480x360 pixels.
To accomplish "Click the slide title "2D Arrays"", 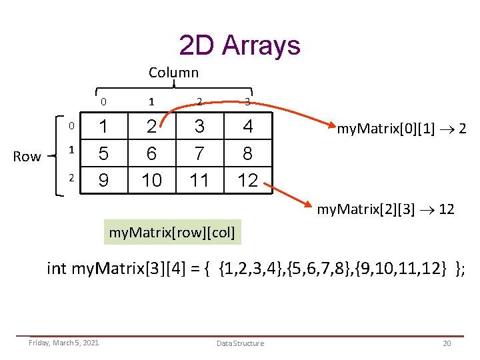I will point(240,45).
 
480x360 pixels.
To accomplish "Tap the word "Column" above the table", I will point(173,72).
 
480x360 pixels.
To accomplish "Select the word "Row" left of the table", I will point(27,157).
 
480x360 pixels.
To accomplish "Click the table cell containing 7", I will point(199,153).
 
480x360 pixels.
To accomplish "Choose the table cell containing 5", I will point(103,153).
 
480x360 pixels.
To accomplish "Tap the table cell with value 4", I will point(247,127).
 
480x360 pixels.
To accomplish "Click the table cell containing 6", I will point(151,153).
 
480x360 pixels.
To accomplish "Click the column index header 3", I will point(247,102).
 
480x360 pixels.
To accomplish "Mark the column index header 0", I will point(103,102).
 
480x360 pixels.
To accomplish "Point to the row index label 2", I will point(70,178).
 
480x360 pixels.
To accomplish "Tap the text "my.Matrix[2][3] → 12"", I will point(386,209).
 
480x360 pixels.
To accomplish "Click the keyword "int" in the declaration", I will point(57,269).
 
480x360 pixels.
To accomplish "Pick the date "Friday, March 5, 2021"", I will point(64,343).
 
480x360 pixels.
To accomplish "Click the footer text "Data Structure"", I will point(240,343).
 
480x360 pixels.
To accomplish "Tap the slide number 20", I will point(446,343).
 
